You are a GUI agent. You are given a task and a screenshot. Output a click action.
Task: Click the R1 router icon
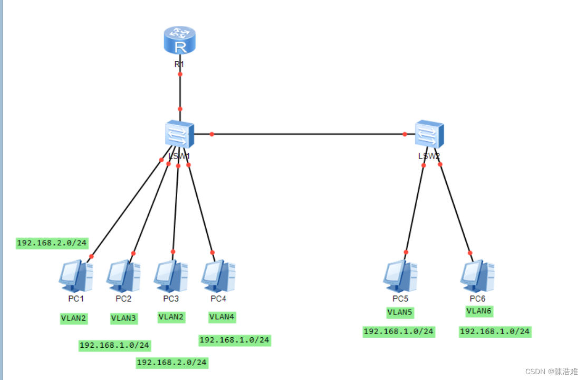[179, 41]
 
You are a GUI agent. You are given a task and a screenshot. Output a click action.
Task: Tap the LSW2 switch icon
[428, 134]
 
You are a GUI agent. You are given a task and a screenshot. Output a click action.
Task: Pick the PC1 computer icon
[75, 276]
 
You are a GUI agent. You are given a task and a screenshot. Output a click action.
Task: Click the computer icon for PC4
[218, 276]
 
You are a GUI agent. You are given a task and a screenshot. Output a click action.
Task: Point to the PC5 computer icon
[400, 276]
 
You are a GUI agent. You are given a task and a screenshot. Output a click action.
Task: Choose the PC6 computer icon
[477, 276]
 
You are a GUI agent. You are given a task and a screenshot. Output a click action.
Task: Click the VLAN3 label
[123, 318]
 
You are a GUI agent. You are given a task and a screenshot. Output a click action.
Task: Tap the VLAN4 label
[222, 317]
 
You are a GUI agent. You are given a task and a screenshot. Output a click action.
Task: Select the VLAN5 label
[400, 312]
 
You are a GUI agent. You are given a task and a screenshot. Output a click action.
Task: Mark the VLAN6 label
[479, 311]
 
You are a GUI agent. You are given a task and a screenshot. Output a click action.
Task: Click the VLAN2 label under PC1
[73, 318]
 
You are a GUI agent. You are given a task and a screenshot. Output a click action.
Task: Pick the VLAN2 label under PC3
[171, 317]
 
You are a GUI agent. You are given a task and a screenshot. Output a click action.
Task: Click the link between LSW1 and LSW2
[309, 134]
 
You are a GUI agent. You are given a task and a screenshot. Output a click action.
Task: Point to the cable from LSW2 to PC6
[455, 209]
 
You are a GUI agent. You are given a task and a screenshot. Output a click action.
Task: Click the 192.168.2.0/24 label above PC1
[52, 243]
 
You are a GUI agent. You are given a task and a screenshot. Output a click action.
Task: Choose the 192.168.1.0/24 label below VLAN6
[495, 331]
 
